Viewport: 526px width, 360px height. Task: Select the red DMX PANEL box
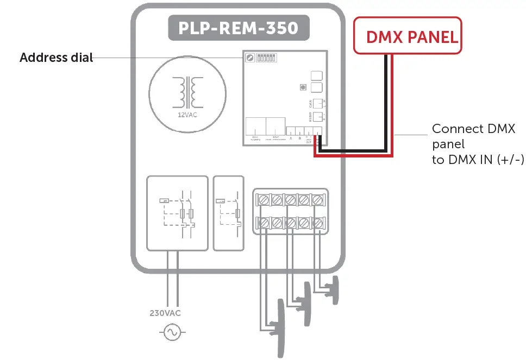(408, 36)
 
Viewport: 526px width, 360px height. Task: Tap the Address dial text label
(57, 58)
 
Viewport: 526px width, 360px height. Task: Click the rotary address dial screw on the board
(251, 58)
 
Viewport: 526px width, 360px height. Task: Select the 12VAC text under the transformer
(187, 115)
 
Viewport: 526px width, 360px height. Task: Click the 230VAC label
(165, 313)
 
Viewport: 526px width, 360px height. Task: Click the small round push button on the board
(302, 87)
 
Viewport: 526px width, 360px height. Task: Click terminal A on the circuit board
(291, 131)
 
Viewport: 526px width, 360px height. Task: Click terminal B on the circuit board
(299, 131)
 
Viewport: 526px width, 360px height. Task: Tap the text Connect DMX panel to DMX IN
(473, 144)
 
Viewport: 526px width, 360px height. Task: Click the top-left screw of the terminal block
(264, 200)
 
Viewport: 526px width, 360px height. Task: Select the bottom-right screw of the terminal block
(318, 222)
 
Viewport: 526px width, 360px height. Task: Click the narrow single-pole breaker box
(228, 212)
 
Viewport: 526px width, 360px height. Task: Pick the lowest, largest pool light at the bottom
(281, 326)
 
